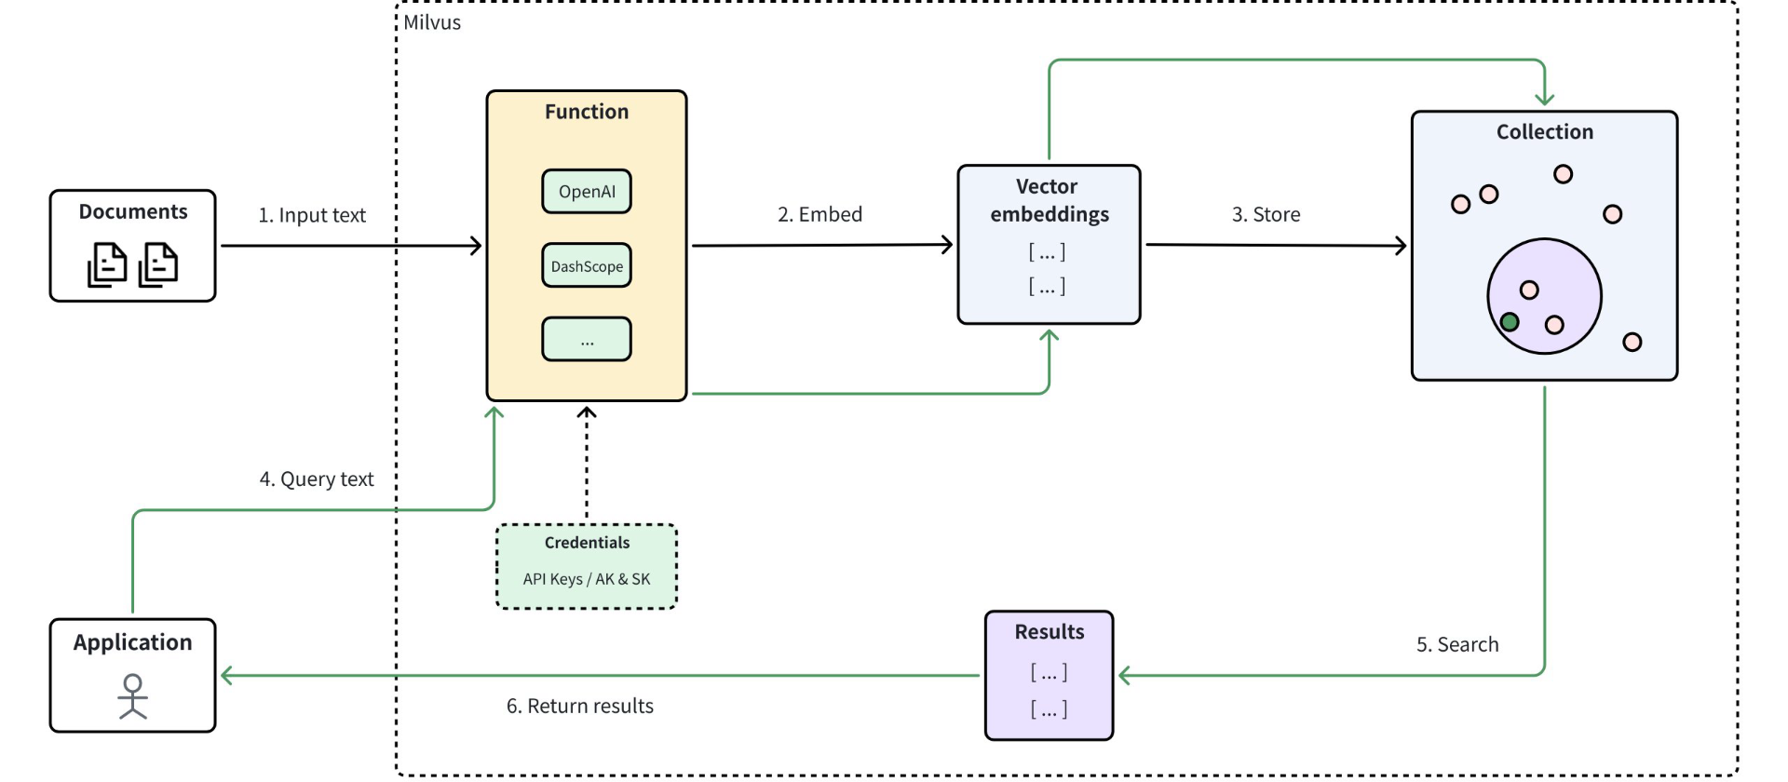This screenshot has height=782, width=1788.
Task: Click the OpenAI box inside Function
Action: point(587,192)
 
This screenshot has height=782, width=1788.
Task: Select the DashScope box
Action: point(587,266)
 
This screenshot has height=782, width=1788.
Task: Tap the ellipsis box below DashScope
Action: point(587,340)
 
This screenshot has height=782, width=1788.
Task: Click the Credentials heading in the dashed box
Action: point(587,543)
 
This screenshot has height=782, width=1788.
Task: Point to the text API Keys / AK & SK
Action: point(587,579)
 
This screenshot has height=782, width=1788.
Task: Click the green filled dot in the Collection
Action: point(1510,322)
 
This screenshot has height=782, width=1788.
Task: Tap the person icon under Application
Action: point(133,696)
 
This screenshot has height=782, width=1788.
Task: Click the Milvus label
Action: point(432,22)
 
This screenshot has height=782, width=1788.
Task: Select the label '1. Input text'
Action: point(312,215)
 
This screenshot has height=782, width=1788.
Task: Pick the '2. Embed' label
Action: point(819,214)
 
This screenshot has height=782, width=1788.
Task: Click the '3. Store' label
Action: point(1266,214)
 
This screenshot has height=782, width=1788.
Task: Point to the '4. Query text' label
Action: point(317,479)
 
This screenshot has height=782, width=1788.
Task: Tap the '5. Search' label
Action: point(1457,644)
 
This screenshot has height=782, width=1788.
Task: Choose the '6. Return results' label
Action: point(579,706)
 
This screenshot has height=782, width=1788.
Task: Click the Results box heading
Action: point(1049,632)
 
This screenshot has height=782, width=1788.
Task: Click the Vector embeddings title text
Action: point(1049,200)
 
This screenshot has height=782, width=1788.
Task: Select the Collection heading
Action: point(1544,132)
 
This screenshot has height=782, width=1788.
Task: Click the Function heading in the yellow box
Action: point(587,112)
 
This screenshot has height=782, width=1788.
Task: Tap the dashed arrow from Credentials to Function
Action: point(587,465)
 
